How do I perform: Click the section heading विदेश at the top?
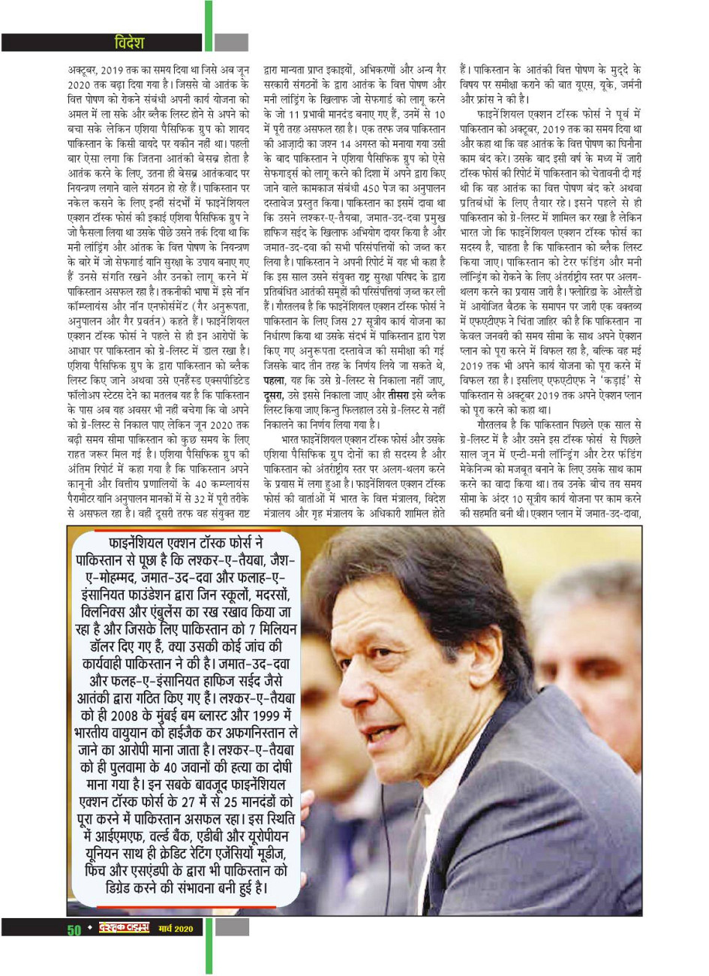129,42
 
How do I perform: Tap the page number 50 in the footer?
74,929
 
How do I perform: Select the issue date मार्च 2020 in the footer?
176,929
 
